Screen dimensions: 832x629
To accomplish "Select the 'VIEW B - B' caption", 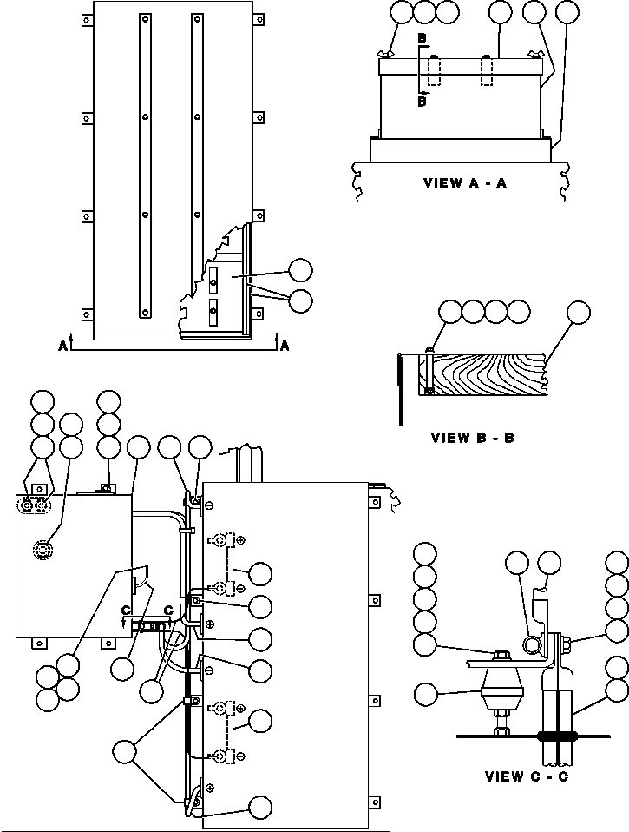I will tap(472, 438).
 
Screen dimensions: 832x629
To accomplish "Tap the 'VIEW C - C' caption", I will tap(527, 776).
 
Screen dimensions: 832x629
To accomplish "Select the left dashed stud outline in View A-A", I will tap(436, 70).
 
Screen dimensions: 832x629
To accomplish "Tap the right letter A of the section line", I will tap(285, 346).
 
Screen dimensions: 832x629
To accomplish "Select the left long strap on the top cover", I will tap(145, 165).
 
